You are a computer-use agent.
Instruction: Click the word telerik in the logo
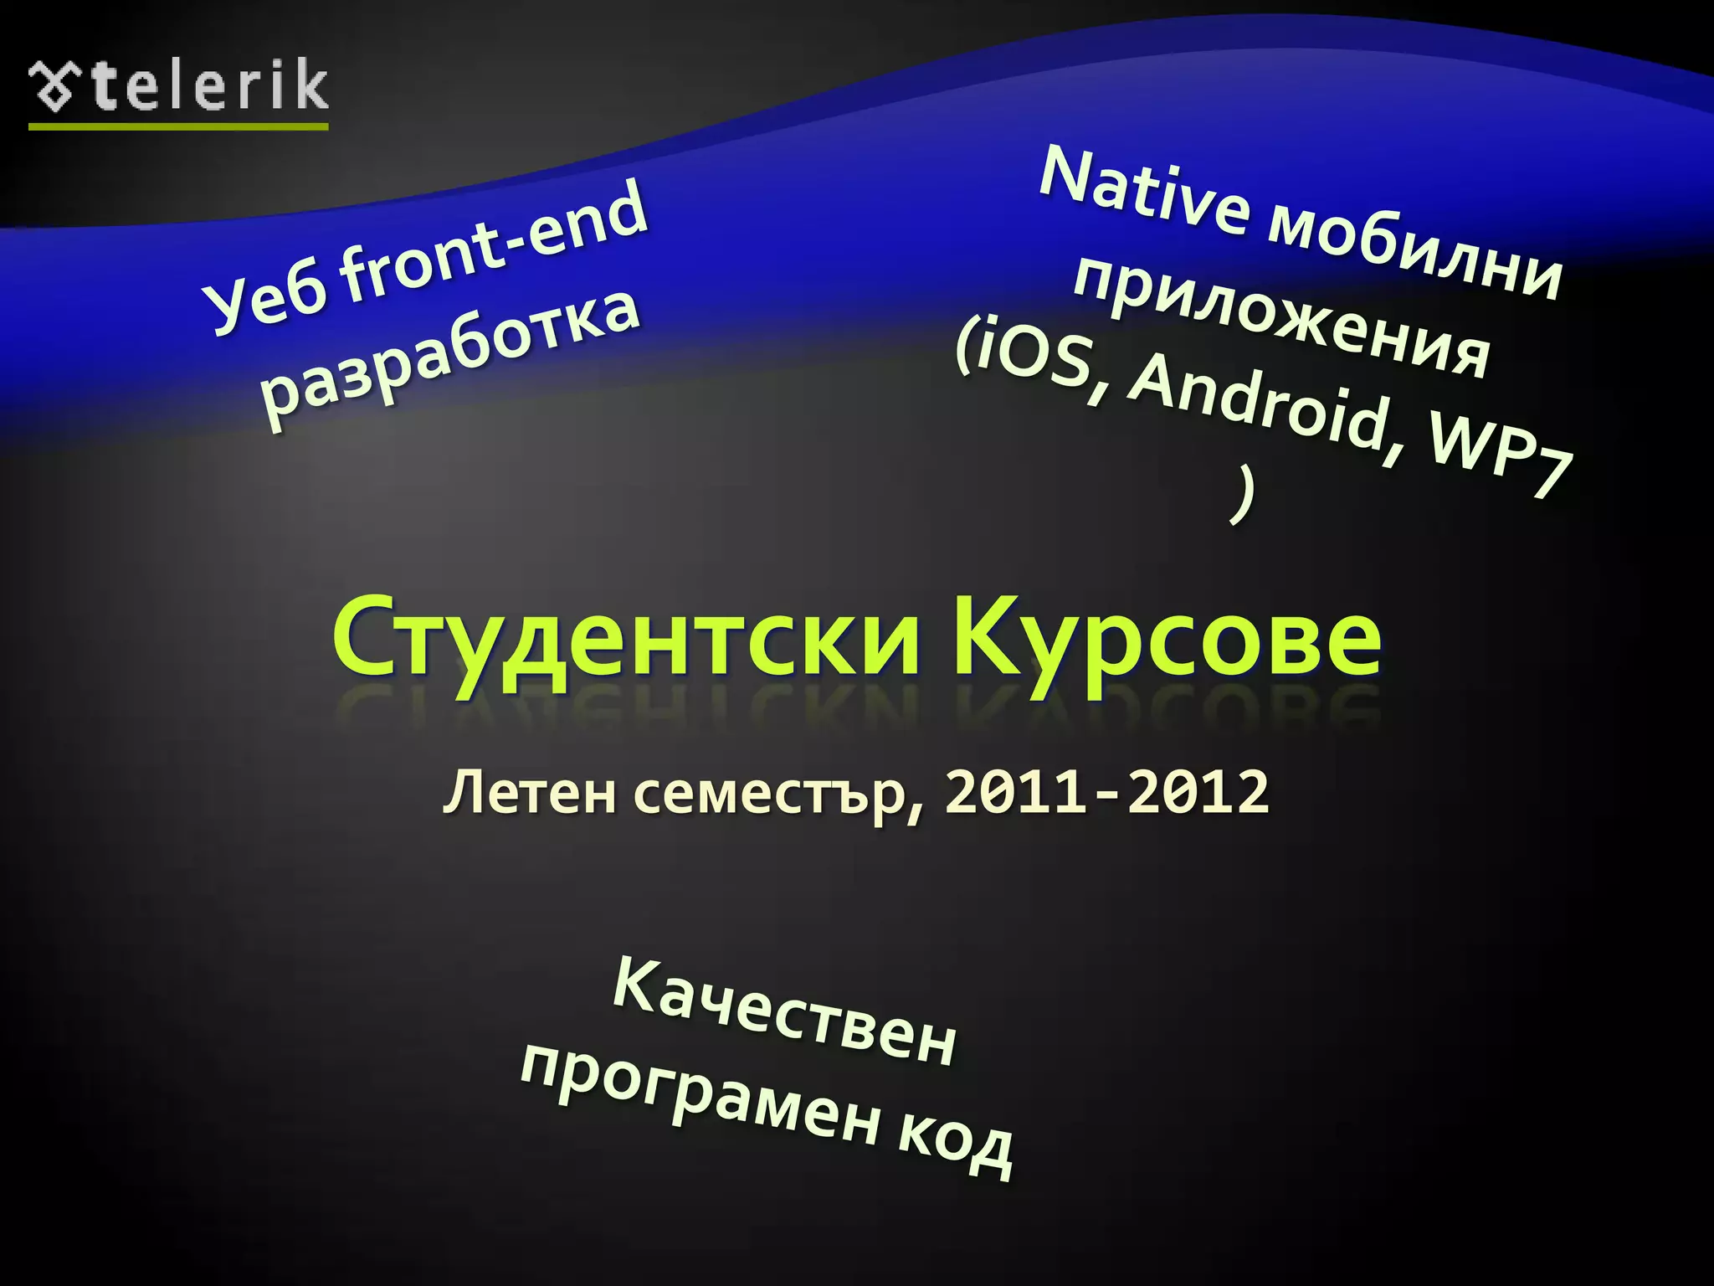(209, 85)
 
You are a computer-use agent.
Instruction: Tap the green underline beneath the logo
(177, 126)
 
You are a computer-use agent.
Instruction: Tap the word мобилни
(1414, 252)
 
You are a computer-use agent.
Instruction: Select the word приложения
(1280, 319)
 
